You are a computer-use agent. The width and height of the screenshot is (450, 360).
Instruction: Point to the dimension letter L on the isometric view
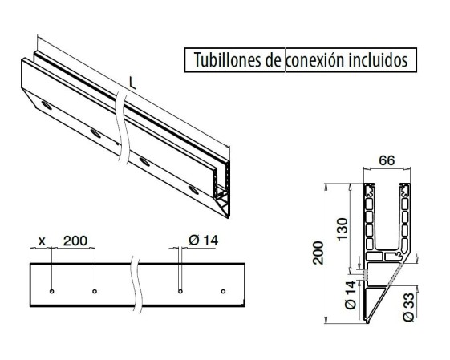click(x=132, y=83)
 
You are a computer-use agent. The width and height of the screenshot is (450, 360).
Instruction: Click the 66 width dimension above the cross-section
click(x=387, y=160)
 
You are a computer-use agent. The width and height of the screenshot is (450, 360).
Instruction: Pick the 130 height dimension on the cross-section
click(x=343, y=229)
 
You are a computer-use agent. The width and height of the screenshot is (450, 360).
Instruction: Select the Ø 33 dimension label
click(x=408, y=306)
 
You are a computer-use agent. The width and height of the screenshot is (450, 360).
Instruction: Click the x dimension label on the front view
click(x=42, y=241)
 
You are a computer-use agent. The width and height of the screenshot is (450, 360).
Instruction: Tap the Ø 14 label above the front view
click(x=204, y=241)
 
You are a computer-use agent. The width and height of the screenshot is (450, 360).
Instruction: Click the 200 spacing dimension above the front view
click(x=75, y=241)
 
